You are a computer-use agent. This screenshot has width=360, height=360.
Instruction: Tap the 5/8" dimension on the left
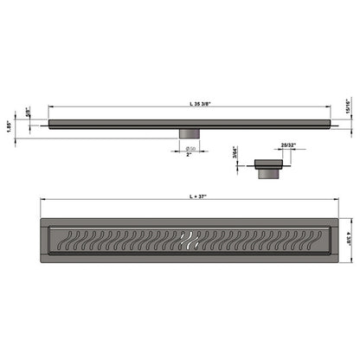(x=30, y=112)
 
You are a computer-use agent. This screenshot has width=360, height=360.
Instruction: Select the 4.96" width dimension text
(x=349, y=234)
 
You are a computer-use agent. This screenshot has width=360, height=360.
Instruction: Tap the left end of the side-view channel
(x=52, y=123)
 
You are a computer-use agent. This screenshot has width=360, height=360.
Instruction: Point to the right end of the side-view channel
(x=329, y=123)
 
